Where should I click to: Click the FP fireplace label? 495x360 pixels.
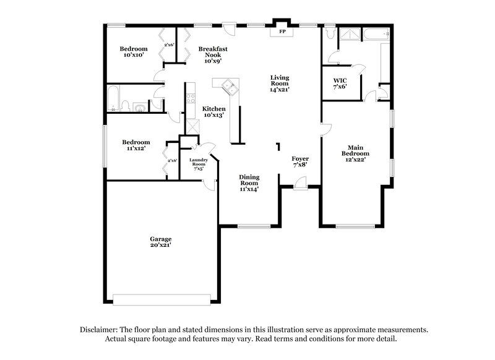coord(282,31)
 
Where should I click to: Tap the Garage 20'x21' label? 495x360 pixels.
coord(160,242)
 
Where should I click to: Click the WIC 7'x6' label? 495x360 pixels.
coord(340,83)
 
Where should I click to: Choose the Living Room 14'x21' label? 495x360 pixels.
coord(280,83)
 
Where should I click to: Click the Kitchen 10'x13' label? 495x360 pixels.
coord(213,111)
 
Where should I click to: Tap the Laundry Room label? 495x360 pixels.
coord(198,162)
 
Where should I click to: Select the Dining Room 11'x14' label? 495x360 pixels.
coord(249,182)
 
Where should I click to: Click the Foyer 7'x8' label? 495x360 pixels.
coord(300,162)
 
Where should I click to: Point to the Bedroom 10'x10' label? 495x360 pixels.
coord(134,52)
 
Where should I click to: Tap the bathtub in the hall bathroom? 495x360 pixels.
coord(114,99)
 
